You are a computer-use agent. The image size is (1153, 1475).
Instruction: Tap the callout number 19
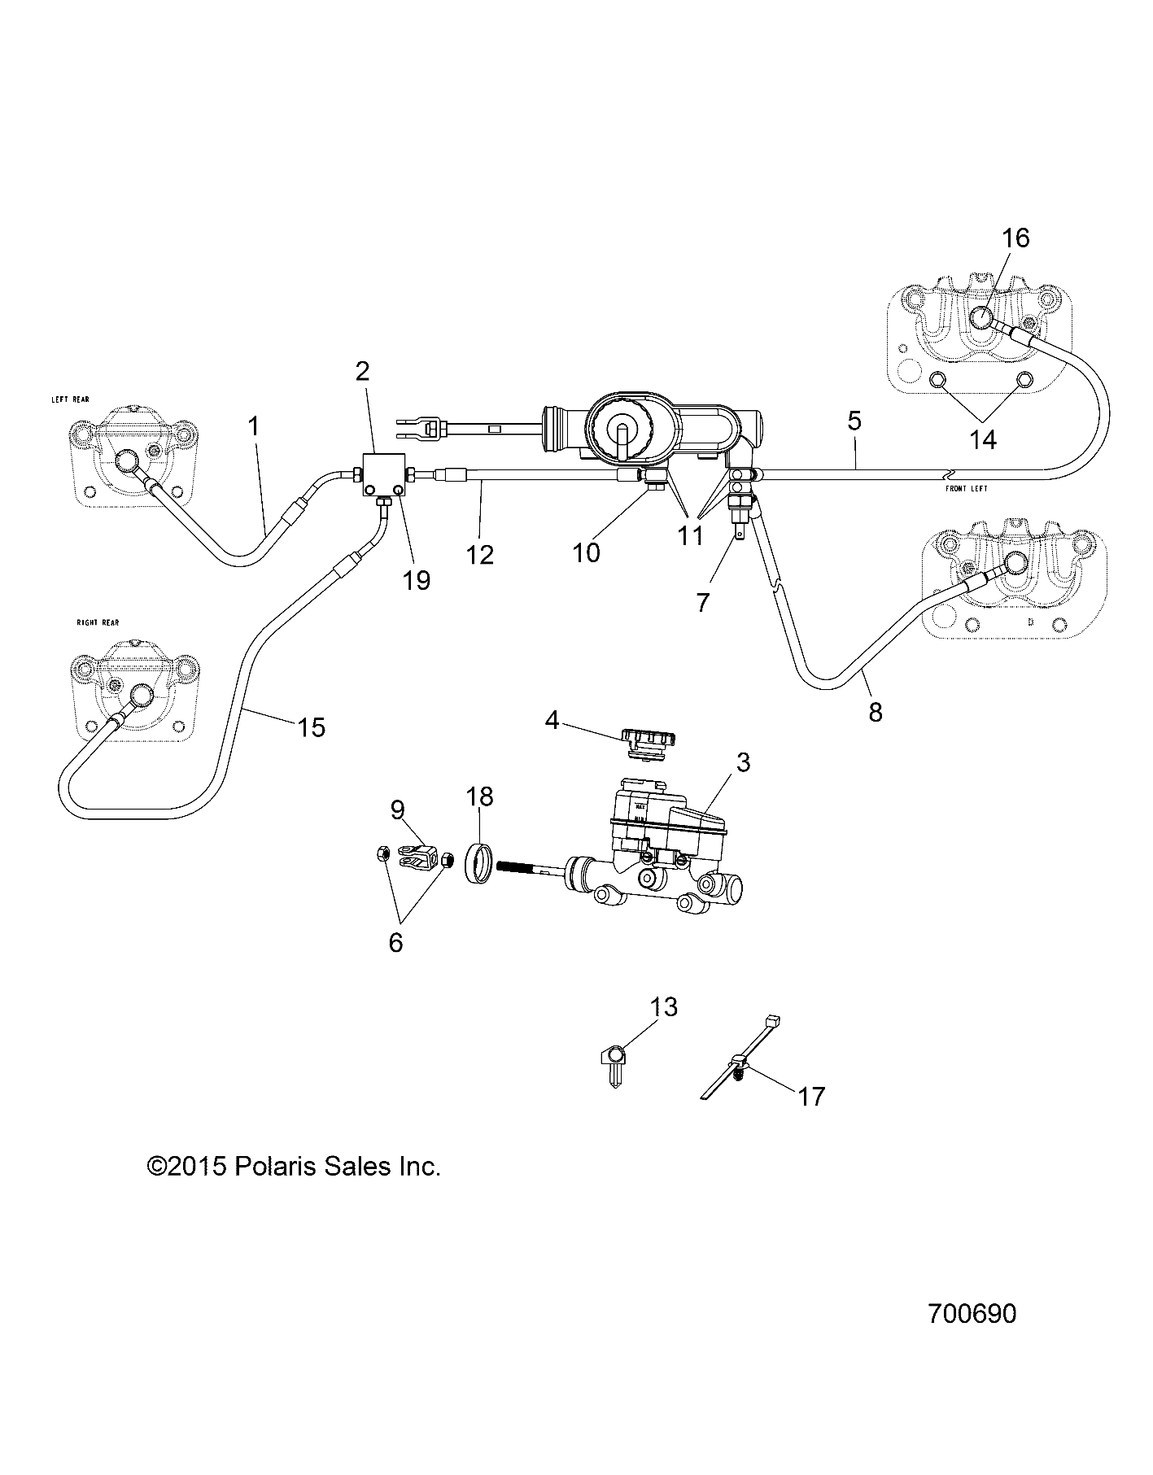point(417,580)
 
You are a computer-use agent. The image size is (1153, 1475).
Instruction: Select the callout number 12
point(480,555)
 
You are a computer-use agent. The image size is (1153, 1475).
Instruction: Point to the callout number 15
point(311,727)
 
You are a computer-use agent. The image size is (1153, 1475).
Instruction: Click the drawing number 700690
point(972,1337)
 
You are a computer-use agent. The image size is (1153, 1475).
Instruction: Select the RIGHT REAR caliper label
point(98,622)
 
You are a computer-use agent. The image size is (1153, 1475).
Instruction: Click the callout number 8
point(875,713)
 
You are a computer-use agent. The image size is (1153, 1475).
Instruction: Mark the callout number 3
point(742,762)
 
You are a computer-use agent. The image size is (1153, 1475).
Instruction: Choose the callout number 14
point(983,439)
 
